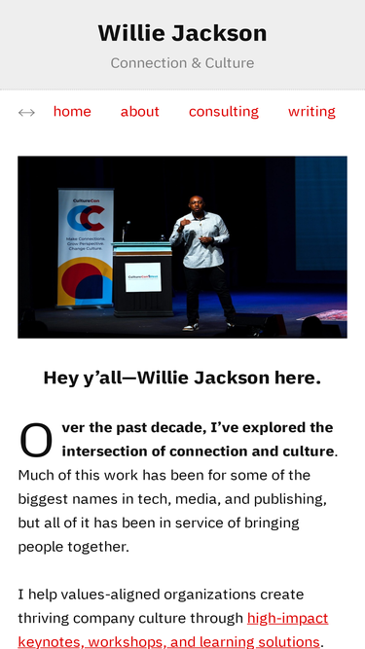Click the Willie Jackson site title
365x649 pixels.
pos(183,33)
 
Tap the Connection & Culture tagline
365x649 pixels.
pos(183,63)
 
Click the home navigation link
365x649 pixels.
pos(72,111)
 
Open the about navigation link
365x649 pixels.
pos(140,111)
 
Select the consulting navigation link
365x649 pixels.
pos(224,112)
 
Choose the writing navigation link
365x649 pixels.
pos(311,112)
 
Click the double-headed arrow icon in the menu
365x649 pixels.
pos(26,113)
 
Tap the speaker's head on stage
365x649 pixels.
pos(197,203)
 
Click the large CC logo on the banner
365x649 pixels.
pos(86,218)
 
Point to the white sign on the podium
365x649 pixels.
pos(143,277)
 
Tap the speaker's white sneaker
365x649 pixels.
pos(191,327)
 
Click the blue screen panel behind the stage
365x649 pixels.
pos(321,213)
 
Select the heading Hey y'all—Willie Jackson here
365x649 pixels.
pos(182,378)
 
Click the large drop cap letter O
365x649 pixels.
pos(36,440)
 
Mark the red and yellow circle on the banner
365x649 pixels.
pos(85,281)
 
